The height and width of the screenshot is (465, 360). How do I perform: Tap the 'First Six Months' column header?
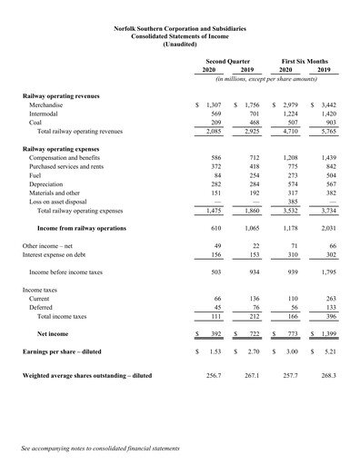(305, 60)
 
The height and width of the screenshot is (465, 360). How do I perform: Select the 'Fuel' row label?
(36, 177)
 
